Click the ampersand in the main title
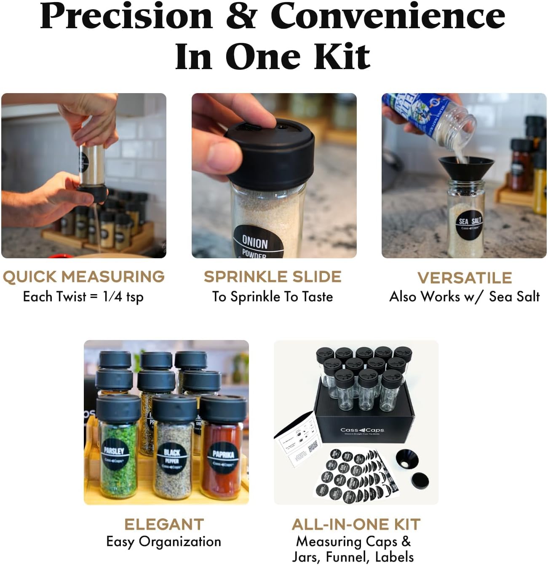241,17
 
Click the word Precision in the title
126,17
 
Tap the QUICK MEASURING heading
83,277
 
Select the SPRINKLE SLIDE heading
273,277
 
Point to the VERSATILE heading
465,278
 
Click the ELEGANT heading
164,524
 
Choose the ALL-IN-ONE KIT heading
356,524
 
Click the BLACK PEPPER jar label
172,458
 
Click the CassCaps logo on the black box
362,430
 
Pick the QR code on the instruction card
313,447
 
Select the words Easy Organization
164,541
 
